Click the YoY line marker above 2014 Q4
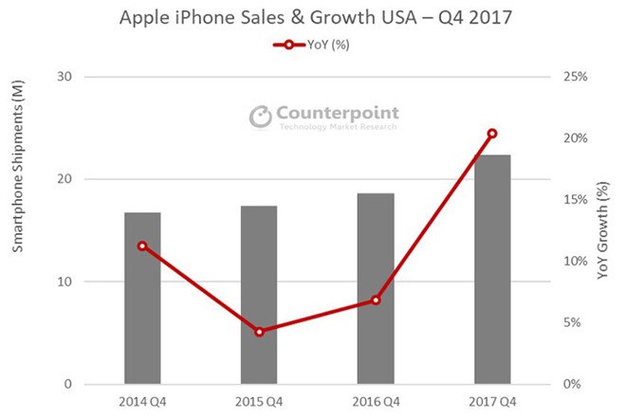point(142,245)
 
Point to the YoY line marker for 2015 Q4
point(259,331)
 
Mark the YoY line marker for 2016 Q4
point(376,300)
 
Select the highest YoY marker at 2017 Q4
point(492,134)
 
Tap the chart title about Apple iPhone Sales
point(313,18)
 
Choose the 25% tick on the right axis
point(574,77)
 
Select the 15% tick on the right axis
point(574,200)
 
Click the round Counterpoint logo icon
point(260,117)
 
